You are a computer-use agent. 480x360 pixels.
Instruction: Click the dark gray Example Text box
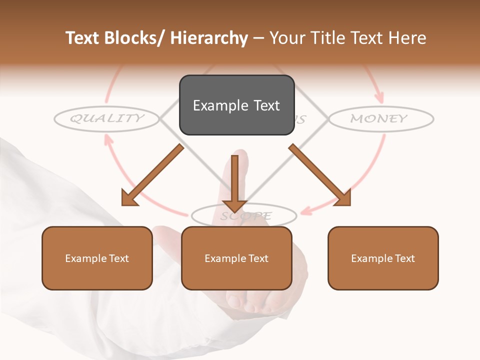click(236, 105)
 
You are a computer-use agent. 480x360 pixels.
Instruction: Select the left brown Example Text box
click(97, 258)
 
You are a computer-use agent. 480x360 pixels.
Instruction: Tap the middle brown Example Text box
click(236, 258)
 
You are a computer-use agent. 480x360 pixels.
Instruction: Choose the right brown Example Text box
click(383, 258)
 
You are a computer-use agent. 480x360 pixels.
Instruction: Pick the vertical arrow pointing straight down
click(234, 182)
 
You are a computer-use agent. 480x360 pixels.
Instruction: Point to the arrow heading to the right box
click(320, 175)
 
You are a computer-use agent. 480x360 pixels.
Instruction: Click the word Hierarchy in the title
click(209, 38)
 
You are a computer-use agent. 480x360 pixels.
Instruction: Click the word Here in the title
click(407, 38)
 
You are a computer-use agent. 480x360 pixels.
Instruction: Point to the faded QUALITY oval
click(106, 118)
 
